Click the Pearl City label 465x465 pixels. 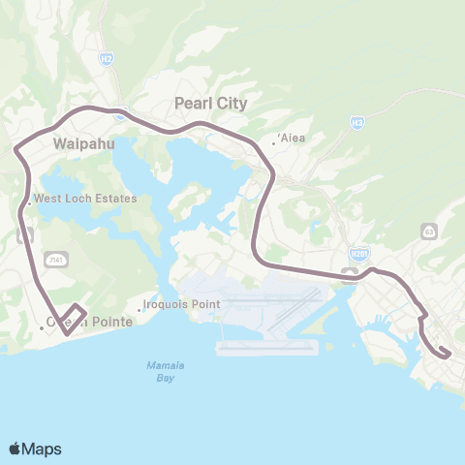210,103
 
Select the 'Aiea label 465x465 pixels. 293,138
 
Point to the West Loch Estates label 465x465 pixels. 85,199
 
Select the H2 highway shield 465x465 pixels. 106,59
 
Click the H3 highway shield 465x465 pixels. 357,123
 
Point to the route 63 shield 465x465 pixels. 429,231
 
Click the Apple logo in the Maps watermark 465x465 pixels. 15,449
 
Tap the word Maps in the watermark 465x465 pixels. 42,449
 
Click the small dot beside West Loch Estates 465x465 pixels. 29,203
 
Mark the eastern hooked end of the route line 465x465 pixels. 443,353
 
